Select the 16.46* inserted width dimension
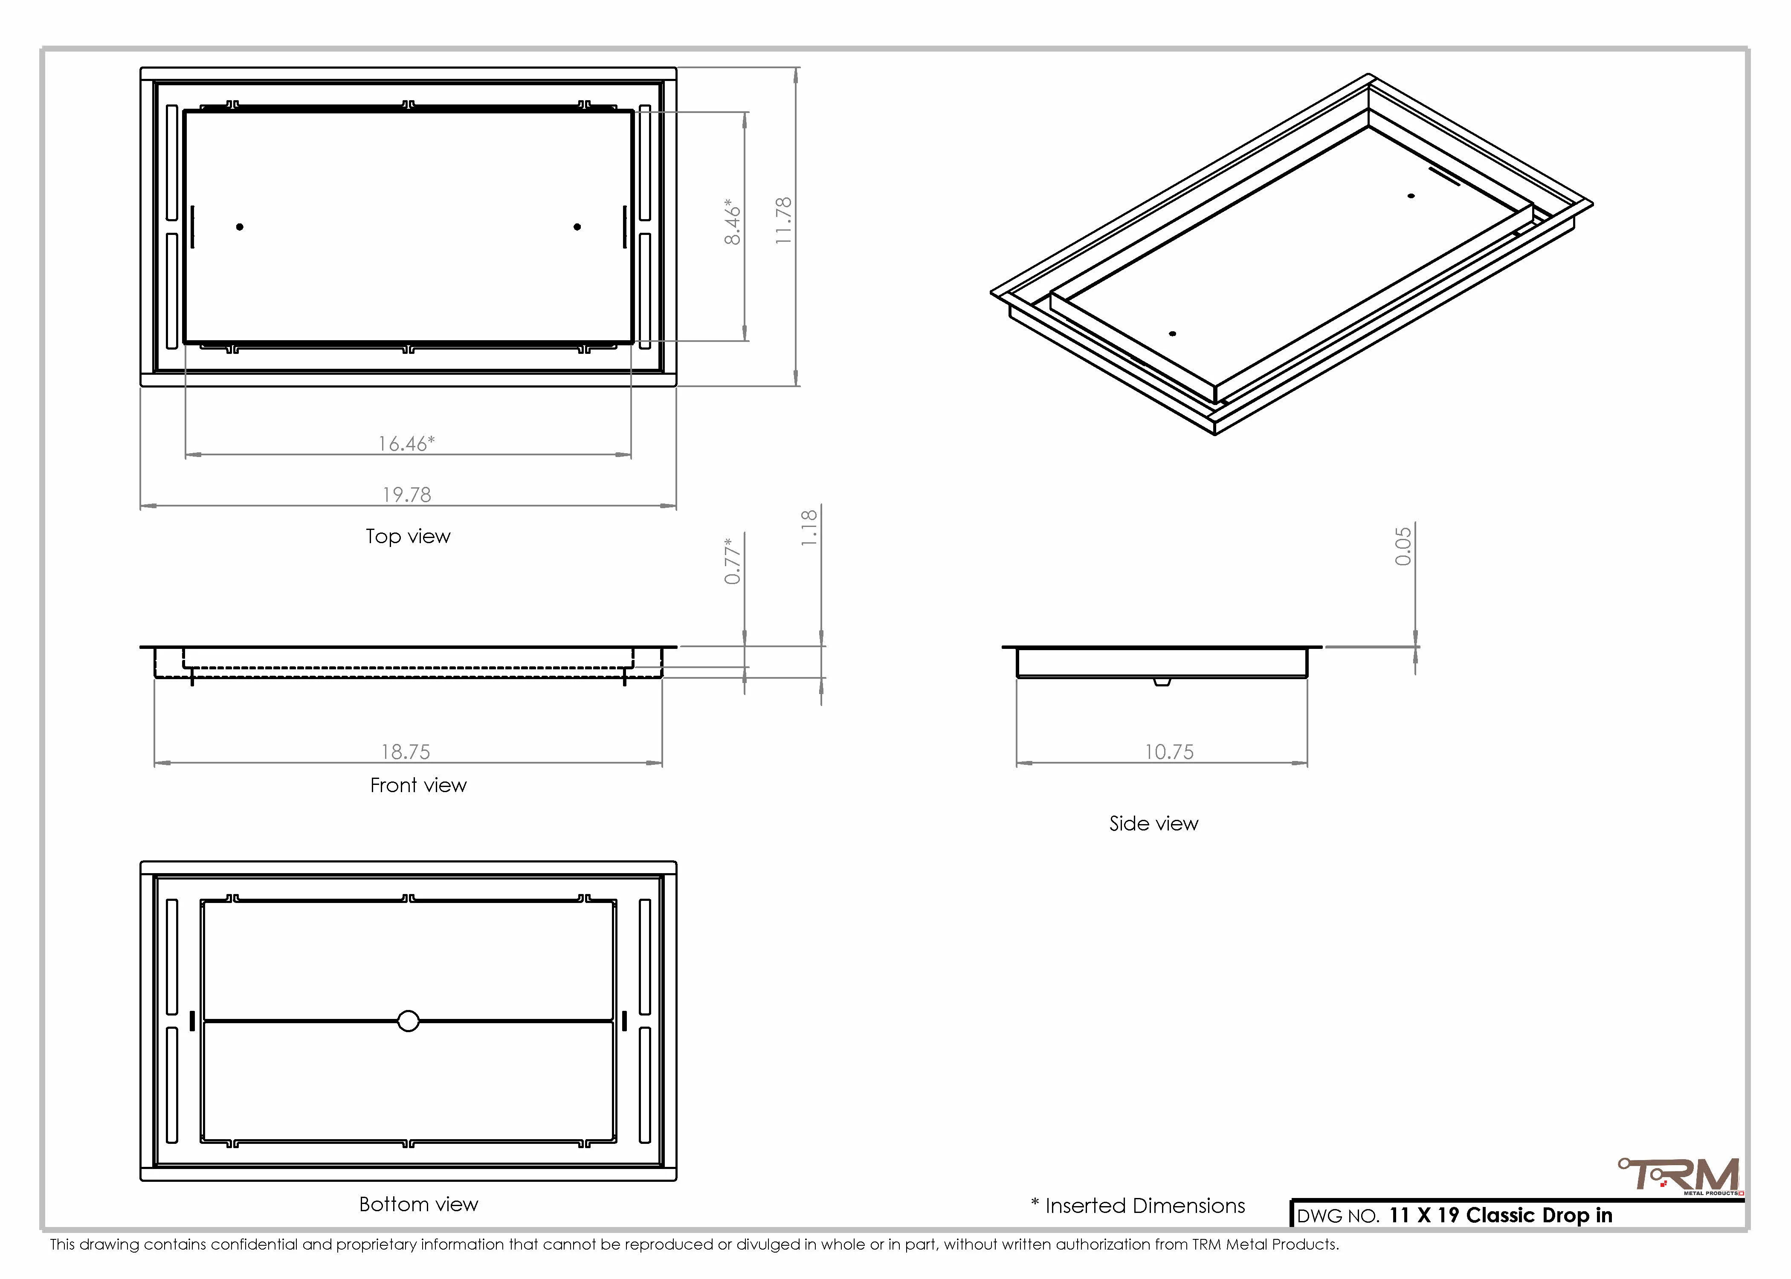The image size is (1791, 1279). point(406,443)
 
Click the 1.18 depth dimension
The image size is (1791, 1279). point(809,528)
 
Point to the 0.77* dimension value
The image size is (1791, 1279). point(733,561)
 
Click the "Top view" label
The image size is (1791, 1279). point(408,536)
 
